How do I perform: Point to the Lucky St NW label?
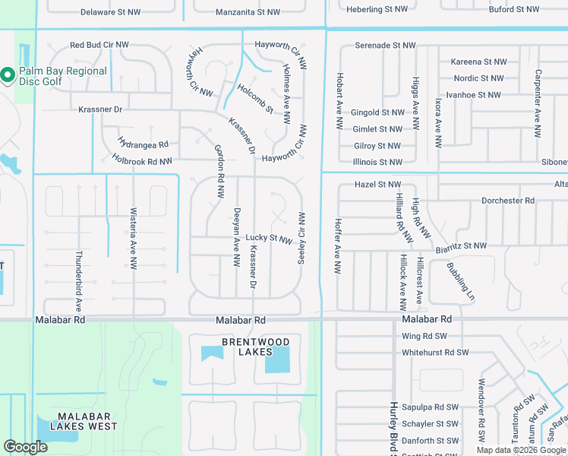pyautogui.click(x=269, y=239)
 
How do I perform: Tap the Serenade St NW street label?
pyautogui.click(x=385, y=46)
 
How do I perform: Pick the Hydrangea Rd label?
pyautogui.click(x=143, y=143)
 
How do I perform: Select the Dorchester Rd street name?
pyautogui.click(x=508, y=201)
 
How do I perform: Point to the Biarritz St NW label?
pyautogui.click(x=461, y=245)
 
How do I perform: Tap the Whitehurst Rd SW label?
pyautogui.click(x=435, y=353)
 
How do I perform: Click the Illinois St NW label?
pyautogui.click(x=377, y=162)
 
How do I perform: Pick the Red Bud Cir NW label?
pyautogui.click(x=99, y=46)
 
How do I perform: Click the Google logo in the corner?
pyautogui.click(x=25, y=447)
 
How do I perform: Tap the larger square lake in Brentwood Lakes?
pyautogui.click(x=277, y=357)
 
